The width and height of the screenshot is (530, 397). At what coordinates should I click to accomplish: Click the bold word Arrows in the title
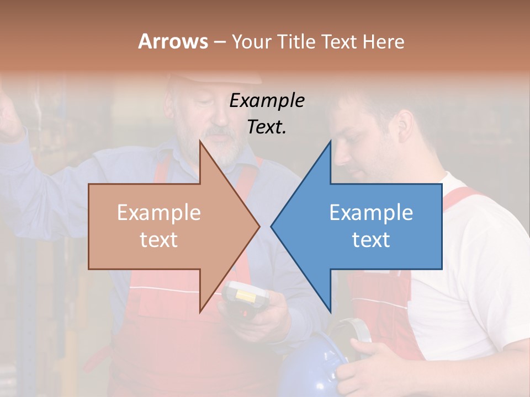[x=173, y=41]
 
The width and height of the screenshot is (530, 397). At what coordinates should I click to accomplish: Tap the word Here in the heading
[x=383, y=41]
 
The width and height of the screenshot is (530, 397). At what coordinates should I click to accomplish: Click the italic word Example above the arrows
[x=267, y=101]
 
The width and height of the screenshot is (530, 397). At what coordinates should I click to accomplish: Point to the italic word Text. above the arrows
[x=267, y=127]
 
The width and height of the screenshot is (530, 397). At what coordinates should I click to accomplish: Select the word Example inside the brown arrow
[x=158, y=213]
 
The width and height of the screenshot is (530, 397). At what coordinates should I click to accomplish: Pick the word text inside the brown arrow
[x=158, y=240]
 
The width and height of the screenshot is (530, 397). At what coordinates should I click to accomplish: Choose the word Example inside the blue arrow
[x=371, y=213]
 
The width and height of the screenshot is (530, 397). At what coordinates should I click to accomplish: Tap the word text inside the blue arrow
[x=371, y=240]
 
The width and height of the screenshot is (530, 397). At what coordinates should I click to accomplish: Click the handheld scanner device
[x=247, y=298]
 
